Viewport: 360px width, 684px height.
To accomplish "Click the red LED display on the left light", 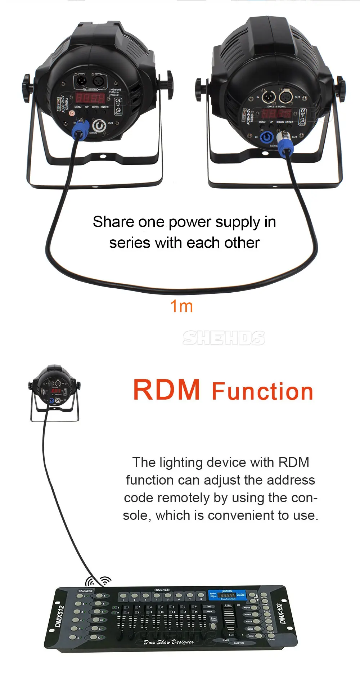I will [90, 98].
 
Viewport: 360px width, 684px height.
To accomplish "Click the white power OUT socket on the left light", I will [99, 126].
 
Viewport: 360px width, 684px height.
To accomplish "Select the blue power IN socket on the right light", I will [267, 137].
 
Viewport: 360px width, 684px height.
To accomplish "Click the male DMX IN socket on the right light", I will [268, 97].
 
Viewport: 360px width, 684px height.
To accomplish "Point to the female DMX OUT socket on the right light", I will [286, 96].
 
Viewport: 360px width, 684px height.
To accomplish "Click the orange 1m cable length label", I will [181, 306].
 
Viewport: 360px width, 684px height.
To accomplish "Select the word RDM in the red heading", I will [166, 390].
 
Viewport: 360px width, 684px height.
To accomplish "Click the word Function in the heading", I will [262, 392].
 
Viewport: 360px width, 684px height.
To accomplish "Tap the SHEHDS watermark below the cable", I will [224, 338].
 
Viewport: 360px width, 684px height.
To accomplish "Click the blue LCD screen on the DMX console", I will [227, 595].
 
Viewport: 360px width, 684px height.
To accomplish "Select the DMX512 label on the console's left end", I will [59, 616].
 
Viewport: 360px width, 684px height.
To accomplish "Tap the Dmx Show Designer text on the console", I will [168, 642].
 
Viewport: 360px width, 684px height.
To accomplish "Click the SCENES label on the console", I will [162, 590].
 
